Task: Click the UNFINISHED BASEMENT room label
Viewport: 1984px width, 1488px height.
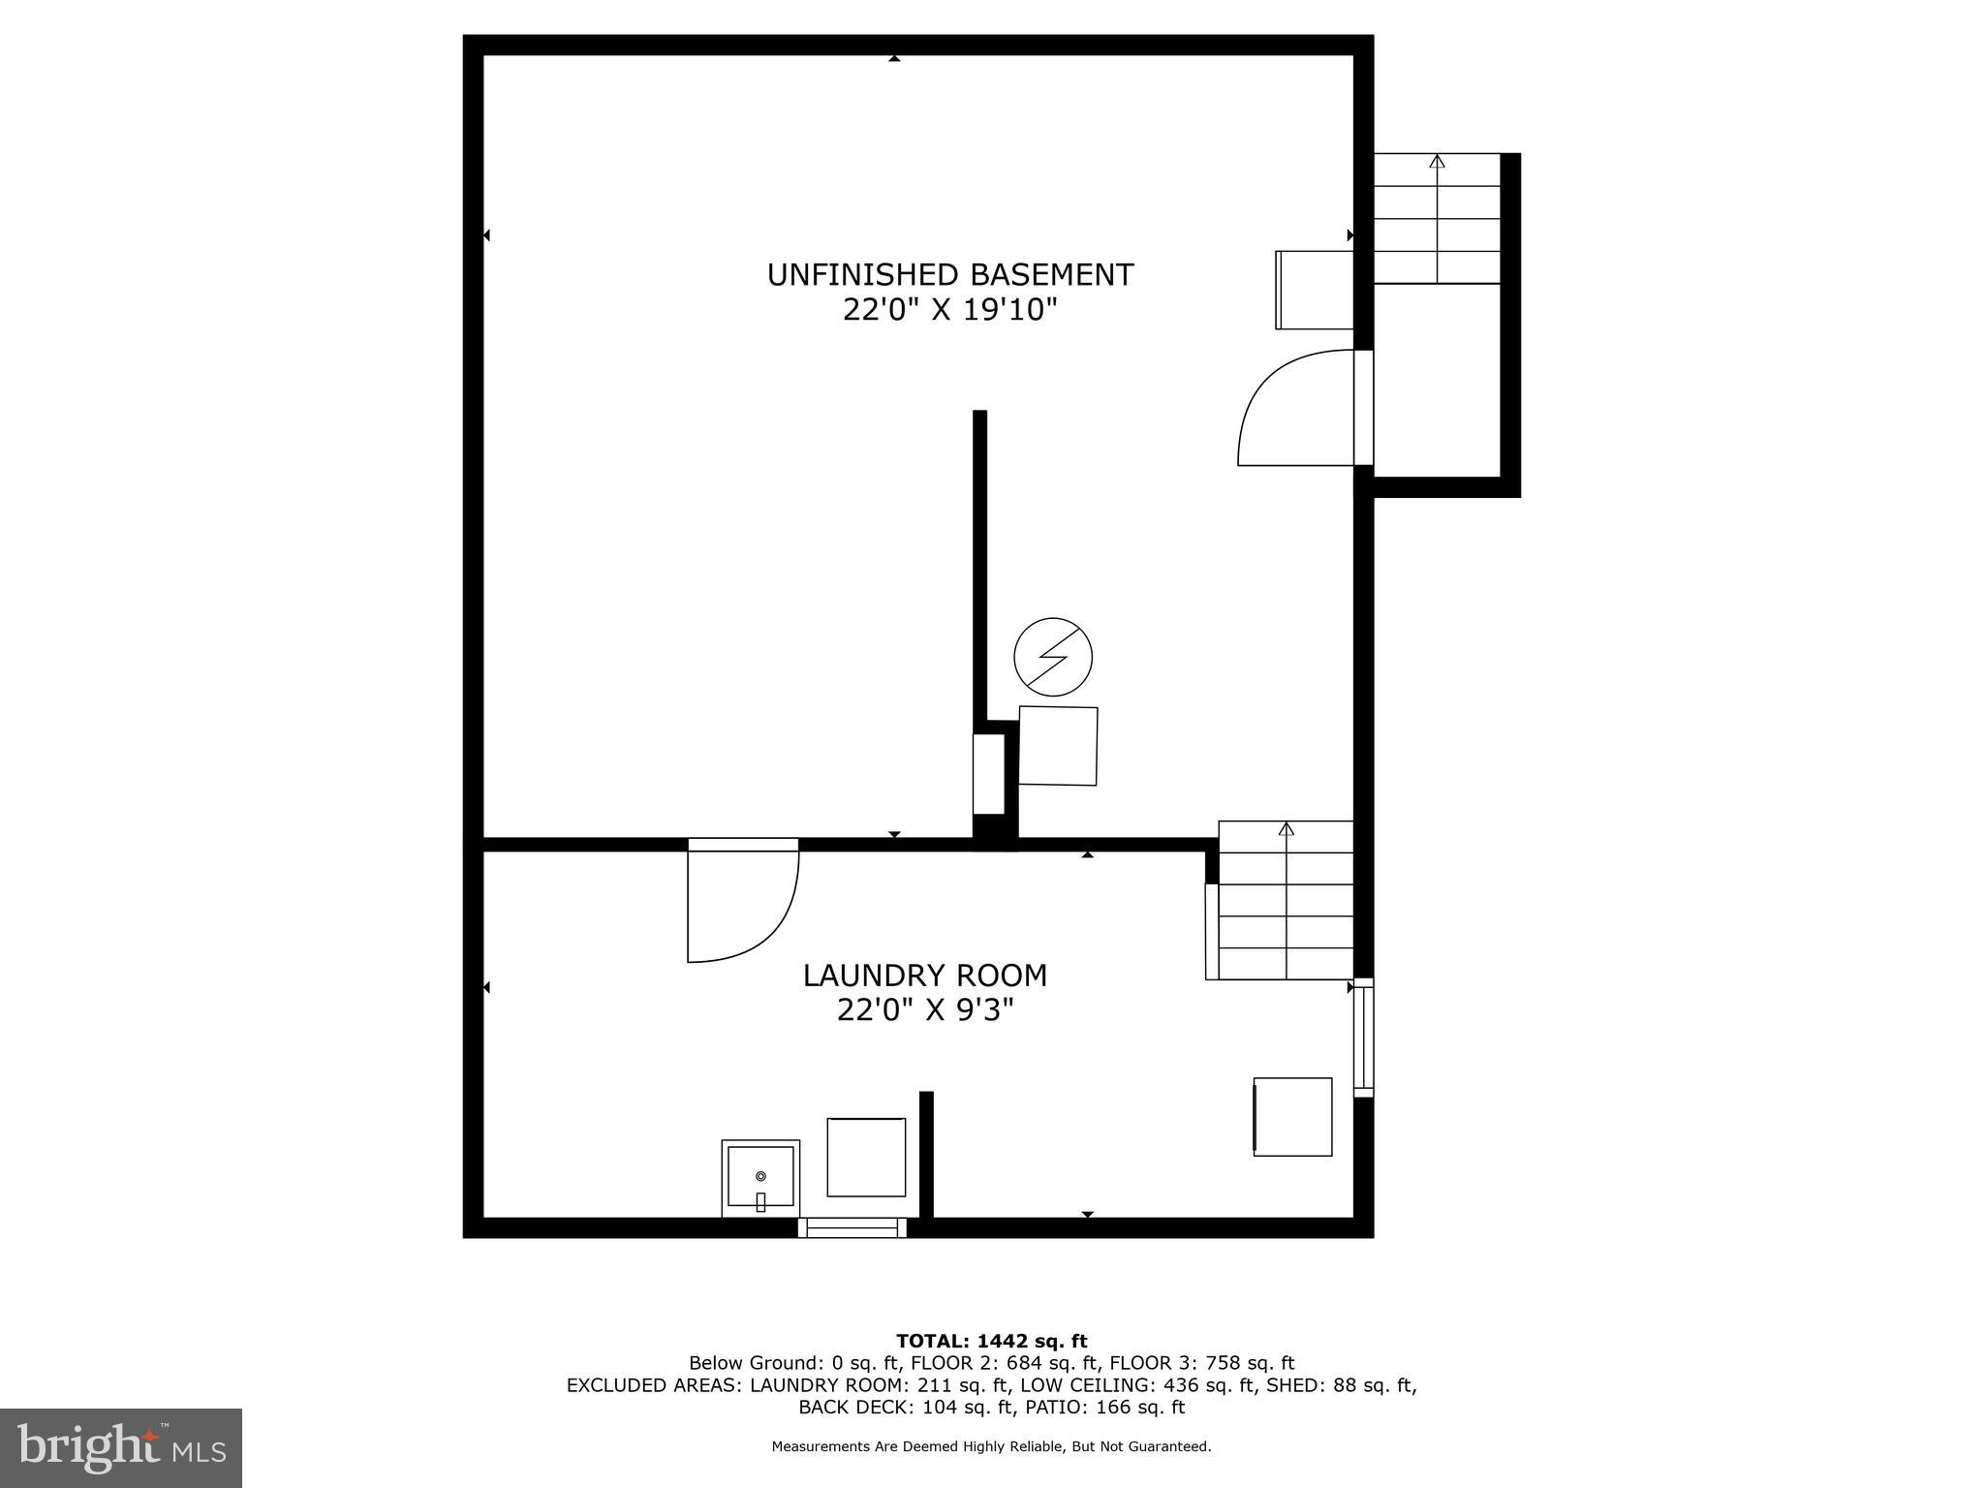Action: [949, 275]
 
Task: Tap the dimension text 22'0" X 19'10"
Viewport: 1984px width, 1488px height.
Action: [949, 311]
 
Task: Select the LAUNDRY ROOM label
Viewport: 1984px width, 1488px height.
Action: [925, 975]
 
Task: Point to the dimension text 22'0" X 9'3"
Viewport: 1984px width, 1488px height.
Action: [925, 1010]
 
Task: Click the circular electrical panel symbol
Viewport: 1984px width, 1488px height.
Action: [1053, 657]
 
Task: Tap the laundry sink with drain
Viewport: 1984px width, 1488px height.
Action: [760, 1177]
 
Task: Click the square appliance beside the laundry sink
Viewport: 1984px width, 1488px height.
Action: [866, 1157]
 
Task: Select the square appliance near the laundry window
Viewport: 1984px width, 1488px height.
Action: [1292, 1116]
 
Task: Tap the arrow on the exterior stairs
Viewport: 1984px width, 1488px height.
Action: [1437, 163]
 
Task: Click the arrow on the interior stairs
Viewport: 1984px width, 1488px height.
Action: [1286, 829]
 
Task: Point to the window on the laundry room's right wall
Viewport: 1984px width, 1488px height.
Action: [1363, 1038]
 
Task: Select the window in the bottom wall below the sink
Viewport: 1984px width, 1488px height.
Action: [852, 1227]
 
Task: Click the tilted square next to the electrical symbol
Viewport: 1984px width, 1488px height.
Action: [1058, 745]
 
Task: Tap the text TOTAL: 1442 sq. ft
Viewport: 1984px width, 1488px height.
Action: [991, 1341]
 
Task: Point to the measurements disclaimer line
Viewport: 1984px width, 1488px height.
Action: [991, 1446]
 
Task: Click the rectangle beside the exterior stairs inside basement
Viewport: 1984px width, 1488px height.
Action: [1315, 290]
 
